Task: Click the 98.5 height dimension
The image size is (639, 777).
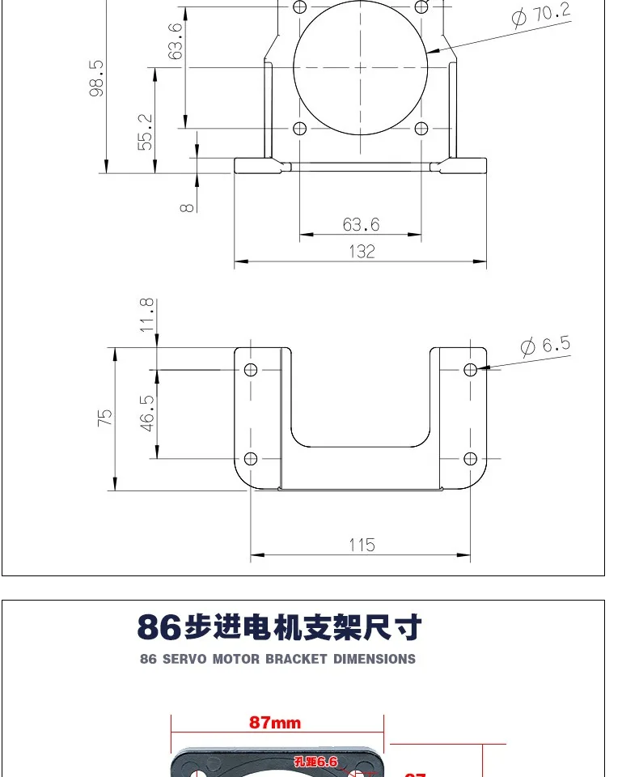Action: (97, 77)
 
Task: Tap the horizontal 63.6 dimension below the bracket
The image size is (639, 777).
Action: (361, 224)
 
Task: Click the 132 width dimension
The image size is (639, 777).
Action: (362, 252)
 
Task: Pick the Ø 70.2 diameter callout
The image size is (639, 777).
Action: (541, 15)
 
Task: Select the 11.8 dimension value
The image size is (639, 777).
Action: (146, 314)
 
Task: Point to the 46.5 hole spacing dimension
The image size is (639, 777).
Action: (147, 413)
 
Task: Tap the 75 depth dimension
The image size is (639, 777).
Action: (105, 418)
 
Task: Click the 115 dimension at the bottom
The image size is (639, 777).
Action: (362, 545)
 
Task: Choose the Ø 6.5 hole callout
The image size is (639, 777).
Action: (544, 346)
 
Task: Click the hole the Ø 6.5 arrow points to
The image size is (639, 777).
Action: (471, 369)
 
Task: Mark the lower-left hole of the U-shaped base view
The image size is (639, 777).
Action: (251, 459)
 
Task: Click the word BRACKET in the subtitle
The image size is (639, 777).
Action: (295, 659)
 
